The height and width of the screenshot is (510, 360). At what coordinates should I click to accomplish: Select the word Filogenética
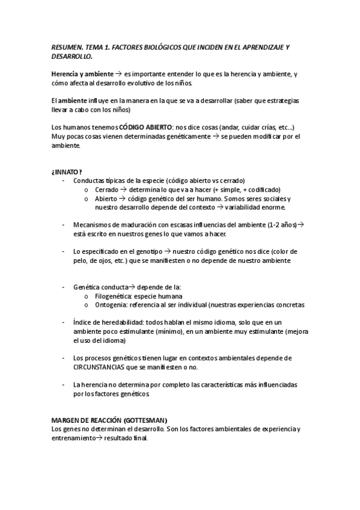point(115,296)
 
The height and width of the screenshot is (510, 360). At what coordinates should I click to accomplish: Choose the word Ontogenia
point(112,304)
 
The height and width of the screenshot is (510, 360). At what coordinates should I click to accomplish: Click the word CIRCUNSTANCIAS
point(106,367)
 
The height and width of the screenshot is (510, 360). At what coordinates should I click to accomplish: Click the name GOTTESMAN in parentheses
point(144,420)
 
